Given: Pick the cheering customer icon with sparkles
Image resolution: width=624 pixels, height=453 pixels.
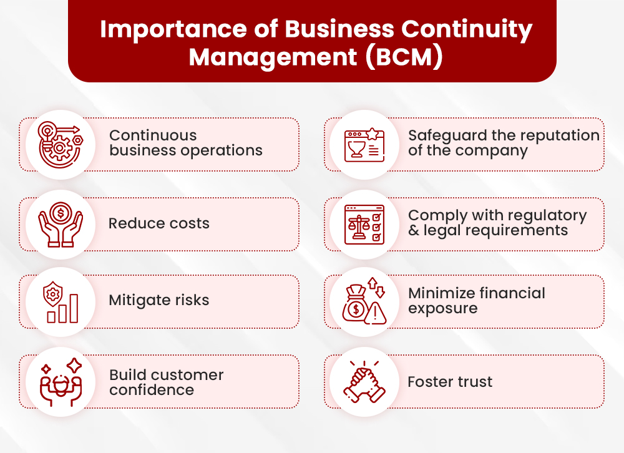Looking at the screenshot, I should pyautogui.click(x=61, y=381).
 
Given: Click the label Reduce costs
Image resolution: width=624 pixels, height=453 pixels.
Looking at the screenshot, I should pyautogui.click(x=159, y=223).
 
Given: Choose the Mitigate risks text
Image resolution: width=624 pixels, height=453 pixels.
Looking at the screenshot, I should pyautogui.click(x=159, y=300).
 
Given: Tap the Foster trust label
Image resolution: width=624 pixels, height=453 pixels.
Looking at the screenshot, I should pyautogui.click(x=450, y=381).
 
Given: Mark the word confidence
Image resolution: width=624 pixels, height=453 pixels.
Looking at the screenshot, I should pyautogui.click(x=152, y=390).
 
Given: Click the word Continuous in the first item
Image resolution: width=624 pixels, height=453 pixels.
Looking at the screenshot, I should pyautogui.click(x=153, y=135).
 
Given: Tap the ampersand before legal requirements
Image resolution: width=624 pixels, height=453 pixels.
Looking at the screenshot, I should pyautogui.click(x=413, y=231).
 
